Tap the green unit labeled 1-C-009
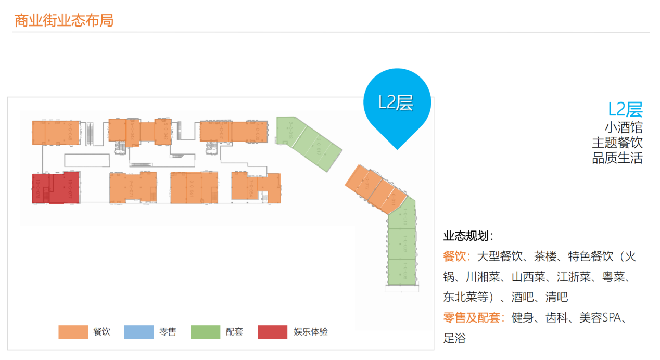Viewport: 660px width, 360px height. click(x=402, y=243)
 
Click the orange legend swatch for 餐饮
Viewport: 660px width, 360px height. click(x=73, y=332)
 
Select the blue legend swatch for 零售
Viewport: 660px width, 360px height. click(x=139, y=332)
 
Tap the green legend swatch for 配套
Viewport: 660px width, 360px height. click(x=206, y=332)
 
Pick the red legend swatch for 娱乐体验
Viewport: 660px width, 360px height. click(x=272, y=332)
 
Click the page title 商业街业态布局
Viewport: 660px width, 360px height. click(x=64, y=21)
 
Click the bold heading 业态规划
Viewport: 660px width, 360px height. click(x=467, y=236)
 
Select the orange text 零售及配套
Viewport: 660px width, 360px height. click(x=472, y=317)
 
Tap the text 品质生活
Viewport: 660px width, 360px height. click(x=617, y=158)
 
